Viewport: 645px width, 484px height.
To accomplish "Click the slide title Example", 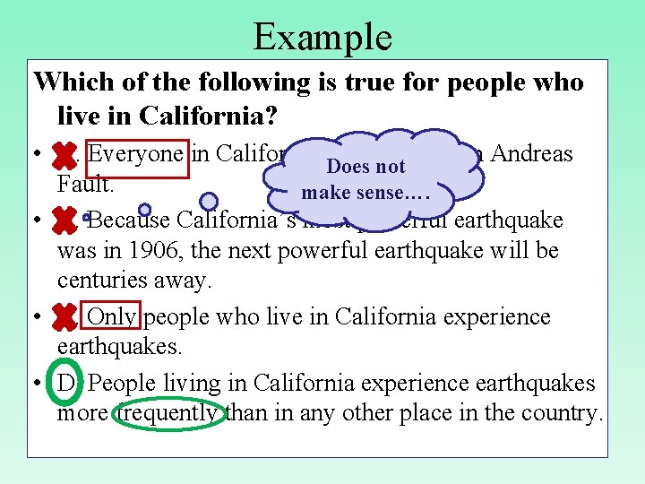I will pyautogui.click(x=322, y=37).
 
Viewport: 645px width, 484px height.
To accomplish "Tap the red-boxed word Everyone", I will pyautogui.click(x=135, y=154).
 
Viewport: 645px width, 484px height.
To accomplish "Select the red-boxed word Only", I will pyautogui.click(x=113, y=317).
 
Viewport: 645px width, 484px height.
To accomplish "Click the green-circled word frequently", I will pyautogui.click(x=170, y=413).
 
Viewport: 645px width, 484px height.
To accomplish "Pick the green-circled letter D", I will pyautogui.click(x=64, y=384).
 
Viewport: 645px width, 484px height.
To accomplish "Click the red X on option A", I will pyautogui.click(x=64, y=156).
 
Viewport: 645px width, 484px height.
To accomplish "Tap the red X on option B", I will pyautogui.click(x=64, y=219).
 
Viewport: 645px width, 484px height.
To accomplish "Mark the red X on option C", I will pyautogui.click(x=64, y=317).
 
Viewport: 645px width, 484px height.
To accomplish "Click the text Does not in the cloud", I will pyautogui.click(x=365, y=167).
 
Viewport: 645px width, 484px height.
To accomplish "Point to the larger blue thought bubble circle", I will pyautogui.click(x=209, y=201).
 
